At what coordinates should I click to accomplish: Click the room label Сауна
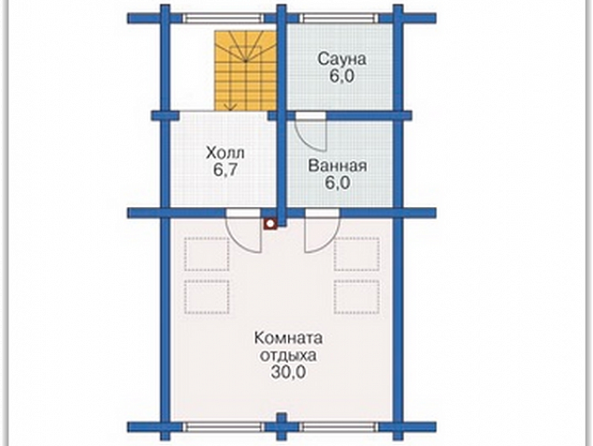tap(342, 59)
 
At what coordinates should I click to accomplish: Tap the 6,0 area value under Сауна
tap(341, 76)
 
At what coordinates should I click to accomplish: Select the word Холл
tap(225, 153)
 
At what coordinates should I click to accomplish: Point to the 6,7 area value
tap(225, 170)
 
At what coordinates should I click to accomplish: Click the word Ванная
tap(338, 166)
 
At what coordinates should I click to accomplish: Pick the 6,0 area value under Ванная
tap(338, 183)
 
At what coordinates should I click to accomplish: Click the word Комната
tap(288, 338)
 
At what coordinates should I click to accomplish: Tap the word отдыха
tap(288, 355)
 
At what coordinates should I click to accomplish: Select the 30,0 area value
tap(288, 373)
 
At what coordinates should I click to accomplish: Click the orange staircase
tap(246, 71)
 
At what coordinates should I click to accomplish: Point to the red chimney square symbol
tap(270, 224)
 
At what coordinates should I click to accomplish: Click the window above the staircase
tap(224, 18)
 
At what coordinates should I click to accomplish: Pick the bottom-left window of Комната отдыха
tap(224, 427)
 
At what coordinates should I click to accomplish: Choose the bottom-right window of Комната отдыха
tap(340, 427)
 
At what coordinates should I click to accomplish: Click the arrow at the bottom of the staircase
tap(232, 106)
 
